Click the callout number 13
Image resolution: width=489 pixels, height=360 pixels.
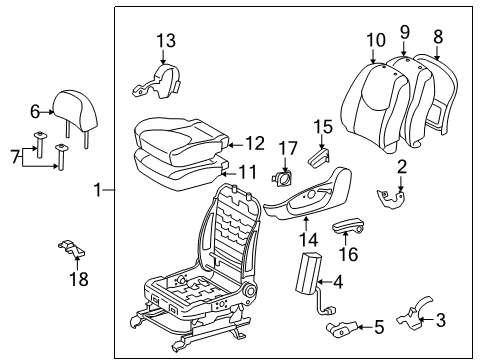[x=165, y=40]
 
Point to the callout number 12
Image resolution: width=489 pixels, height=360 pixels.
[x=255, y=144]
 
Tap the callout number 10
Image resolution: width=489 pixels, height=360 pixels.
[x=375, y=40]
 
